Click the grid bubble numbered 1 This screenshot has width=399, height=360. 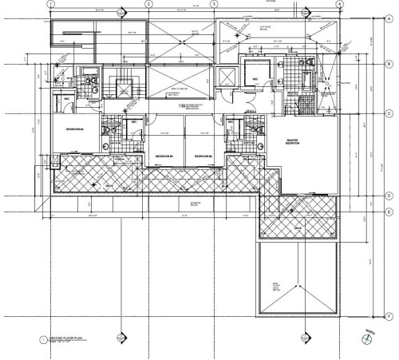click(x=50, y=4)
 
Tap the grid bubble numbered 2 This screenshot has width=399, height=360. click(x=148, y=4)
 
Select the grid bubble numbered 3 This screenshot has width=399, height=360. click(x=215, y=4)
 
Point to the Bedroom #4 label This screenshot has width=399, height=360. click(x=77, y=128)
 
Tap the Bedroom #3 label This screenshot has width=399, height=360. click(x=164, y=154)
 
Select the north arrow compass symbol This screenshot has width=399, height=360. click(x=365, y=339)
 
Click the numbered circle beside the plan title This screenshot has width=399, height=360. click(x=42, y=341)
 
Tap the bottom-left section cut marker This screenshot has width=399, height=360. click(x=120, y=338)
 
